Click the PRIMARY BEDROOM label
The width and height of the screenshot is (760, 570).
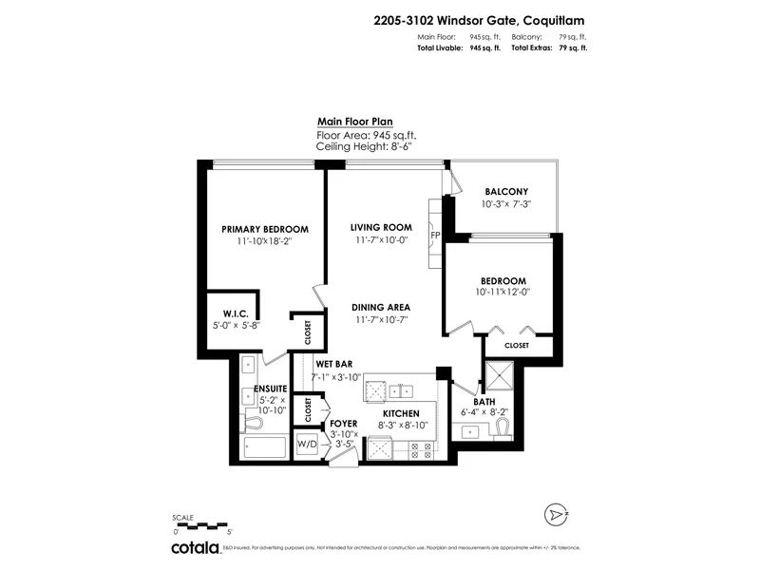[265, 229]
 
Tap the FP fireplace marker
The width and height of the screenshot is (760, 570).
[434, 235]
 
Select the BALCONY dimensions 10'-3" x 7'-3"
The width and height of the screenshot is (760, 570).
[505, 204]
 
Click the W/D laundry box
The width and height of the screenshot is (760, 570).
[308, 444]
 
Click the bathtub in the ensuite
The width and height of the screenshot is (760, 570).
[263, 446]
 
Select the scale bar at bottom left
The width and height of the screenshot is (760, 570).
[201, 523]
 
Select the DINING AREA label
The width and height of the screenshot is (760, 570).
[380, 307]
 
